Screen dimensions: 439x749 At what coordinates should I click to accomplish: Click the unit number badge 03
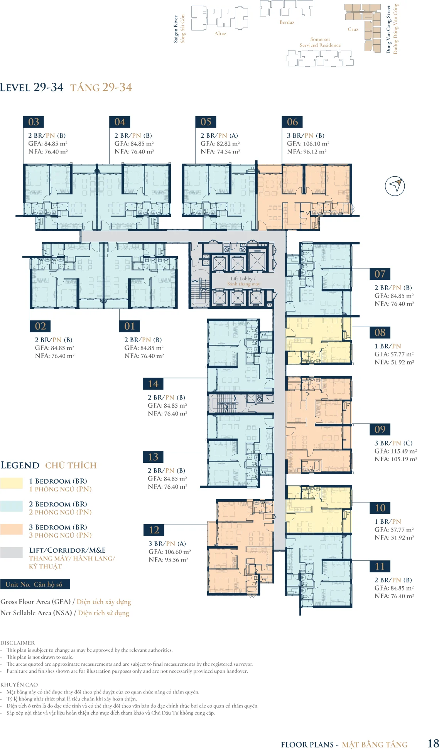34,122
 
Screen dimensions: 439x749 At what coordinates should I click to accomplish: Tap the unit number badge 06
292,122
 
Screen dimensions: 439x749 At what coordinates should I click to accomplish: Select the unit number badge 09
380,429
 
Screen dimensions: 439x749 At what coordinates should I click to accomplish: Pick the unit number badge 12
154,530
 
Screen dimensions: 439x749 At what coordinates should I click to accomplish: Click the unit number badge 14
153,384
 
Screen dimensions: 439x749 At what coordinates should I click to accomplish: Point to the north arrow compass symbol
395,186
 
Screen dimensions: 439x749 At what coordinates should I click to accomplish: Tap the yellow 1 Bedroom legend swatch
12,483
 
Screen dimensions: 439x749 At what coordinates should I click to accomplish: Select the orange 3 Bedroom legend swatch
12,529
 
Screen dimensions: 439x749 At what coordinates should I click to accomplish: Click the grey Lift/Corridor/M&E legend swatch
12,552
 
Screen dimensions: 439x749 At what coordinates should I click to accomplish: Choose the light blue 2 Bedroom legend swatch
12,506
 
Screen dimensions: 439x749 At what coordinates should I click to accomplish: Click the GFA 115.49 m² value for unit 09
396,451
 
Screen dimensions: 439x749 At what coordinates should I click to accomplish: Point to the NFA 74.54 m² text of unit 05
220,152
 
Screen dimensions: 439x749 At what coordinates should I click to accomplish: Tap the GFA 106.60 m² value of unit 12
170,552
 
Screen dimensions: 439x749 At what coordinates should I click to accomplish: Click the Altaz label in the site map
220,34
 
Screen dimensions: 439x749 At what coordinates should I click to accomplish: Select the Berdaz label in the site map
287,22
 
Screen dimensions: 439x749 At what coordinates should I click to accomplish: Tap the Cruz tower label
353,29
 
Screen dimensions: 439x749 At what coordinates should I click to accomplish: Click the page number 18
433,743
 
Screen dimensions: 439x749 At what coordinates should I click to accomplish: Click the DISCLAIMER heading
17,643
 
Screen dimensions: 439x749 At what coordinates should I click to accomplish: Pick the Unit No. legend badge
35,584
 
